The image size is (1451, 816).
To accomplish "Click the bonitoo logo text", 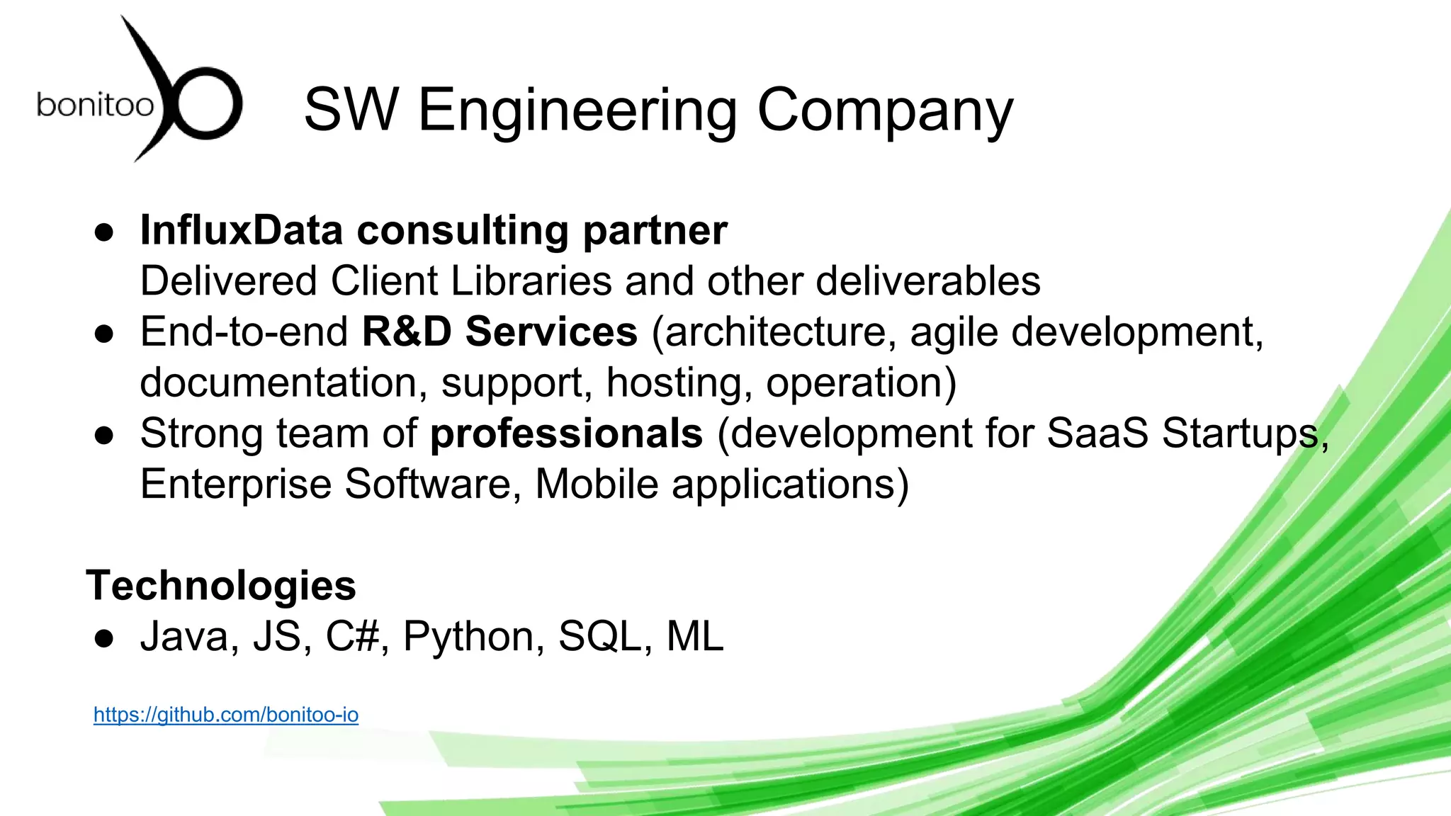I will click(x=95, y=106).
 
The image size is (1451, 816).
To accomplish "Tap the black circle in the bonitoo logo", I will click(x=208, y=103).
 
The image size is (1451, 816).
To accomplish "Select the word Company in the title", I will click(x=885, y=111).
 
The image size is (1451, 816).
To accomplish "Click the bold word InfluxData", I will click(x=242, y=230).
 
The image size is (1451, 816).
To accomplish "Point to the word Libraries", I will click(x=531, y=281).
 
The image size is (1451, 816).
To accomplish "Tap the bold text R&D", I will click(x=407, y=331).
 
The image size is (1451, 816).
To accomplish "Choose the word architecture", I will click(x=776, y=332).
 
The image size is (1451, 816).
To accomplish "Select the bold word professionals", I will click(x=567, y=433).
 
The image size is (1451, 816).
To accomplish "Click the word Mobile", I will click(x=597, y=484).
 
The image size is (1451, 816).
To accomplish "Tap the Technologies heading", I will click(x=221, y=586).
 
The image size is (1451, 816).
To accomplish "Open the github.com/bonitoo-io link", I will click(x=226, y=715).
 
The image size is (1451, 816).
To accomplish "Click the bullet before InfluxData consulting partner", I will click(x=104, y=232).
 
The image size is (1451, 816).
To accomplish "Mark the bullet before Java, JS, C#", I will click(x=104, y=638).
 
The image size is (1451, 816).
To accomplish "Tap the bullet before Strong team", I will click(x=104, y=436).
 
